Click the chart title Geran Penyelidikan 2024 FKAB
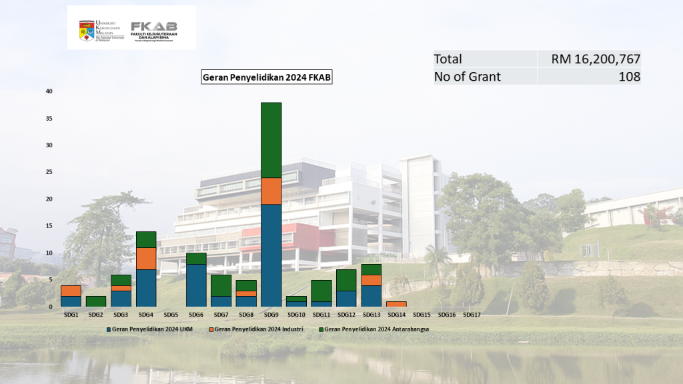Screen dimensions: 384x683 [267, 77]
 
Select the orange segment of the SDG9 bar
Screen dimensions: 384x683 [271, 191]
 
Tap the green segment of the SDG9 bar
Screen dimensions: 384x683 [271, 140]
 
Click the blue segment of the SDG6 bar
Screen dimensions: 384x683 [196, 285]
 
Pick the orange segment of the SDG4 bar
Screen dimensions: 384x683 [146, 259]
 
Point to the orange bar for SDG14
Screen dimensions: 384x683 [396, 304]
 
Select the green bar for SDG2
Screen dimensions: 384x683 [96, 301]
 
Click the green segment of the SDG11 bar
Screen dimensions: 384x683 [321, 291]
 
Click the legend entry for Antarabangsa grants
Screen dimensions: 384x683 [375, 329]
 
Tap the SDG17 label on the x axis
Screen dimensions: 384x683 [472, 315]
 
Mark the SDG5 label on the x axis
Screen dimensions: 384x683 [171, 315]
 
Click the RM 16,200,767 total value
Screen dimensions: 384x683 [596, 59]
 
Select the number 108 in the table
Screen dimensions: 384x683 [628, 77]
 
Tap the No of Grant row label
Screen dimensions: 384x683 [467, 77]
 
